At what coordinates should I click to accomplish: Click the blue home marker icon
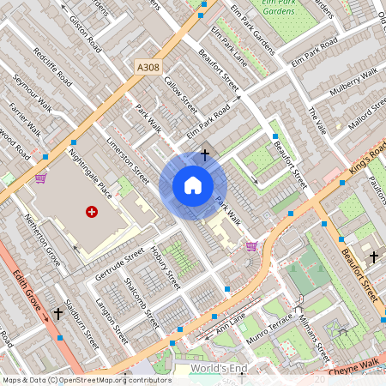pos(193,185)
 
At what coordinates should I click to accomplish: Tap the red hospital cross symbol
pos(92,211)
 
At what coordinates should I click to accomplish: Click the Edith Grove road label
pos(31,297)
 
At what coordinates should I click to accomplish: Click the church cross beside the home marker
pos(204,155)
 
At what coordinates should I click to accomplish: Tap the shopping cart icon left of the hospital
pos(40,178)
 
